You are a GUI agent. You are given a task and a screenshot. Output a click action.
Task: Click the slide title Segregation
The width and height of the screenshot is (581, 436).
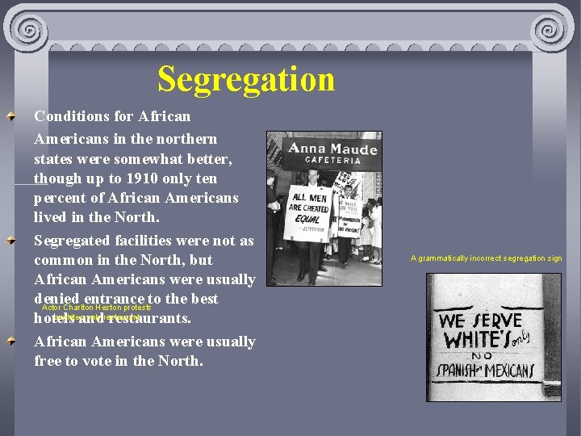click(x=246, y=79)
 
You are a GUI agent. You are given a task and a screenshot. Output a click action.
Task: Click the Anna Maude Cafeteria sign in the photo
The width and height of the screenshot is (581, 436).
click(x=333, y=153)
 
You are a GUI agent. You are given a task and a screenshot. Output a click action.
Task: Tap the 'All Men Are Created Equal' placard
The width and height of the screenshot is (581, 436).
click(x=310, y=213)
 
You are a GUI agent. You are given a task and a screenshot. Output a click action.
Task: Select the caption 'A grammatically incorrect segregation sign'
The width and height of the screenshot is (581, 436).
click(x=486, y=258)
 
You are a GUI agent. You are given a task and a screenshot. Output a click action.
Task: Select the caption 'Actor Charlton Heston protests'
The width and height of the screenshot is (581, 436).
click(x=96, y=308)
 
